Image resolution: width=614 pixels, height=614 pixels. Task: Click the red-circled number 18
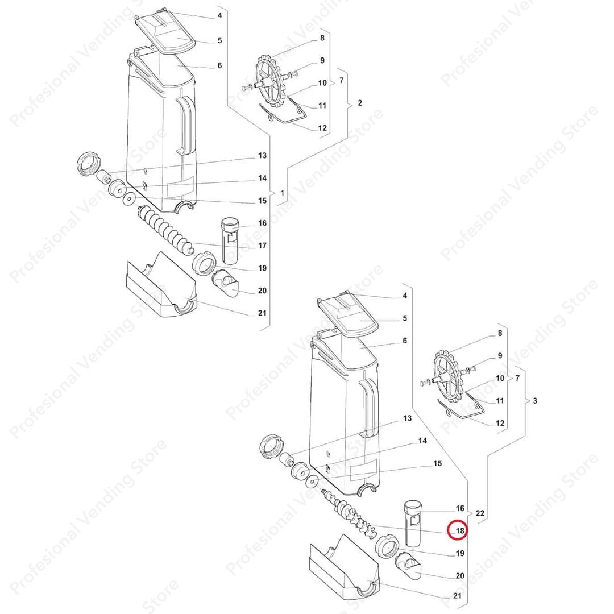pyautogui.click(x=460, y=530)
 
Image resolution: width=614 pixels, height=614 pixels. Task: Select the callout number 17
pyautogui.click(x=262, y=246)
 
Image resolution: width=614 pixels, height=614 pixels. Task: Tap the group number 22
pyautogui.click(x=480, y=513)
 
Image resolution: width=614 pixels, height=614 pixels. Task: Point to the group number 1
pyautogui.click(x=282, y=193)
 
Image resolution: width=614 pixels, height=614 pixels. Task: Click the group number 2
pyautogui.click(x=360, y=102)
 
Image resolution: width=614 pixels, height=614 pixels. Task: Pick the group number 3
pyautogui.click(x=536, y=401)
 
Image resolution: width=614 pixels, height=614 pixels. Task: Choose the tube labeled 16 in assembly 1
pyautogui.click(x=229, y=241)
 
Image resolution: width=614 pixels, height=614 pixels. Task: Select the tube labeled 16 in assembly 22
pyautogui.click(x=412, y=523)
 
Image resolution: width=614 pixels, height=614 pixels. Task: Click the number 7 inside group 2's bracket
pyautogui.click(x=342, y=80)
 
